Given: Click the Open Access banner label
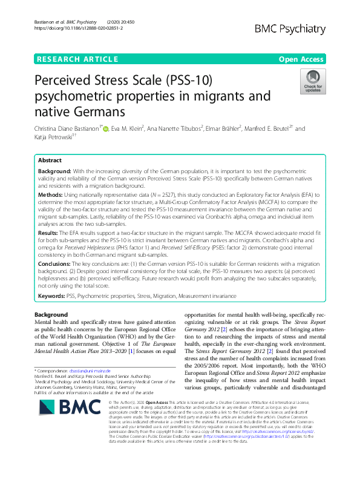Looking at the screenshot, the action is [x=301, y=59].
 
